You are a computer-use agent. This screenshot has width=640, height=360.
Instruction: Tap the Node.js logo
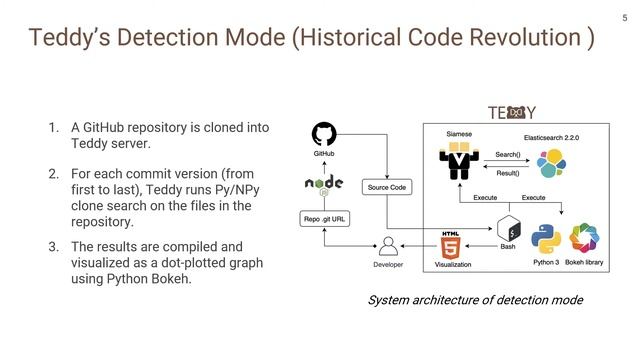(324, 184)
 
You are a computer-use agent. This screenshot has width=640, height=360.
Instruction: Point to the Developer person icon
(388, 246)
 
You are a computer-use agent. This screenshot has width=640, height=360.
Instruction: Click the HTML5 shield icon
(451, 244)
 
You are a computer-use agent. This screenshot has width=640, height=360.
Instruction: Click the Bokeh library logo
(584, 240)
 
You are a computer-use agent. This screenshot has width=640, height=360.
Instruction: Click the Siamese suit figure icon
(459, 160)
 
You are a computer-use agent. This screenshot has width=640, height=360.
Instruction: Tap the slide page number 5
(624, 17)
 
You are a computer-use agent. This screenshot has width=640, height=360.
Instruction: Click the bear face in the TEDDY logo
(517, 112)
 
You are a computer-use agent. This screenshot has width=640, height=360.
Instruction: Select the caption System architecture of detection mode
(474, 300)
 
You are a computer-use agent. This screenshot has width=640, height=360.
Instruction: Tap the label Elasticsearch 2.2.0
(553, 135)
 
